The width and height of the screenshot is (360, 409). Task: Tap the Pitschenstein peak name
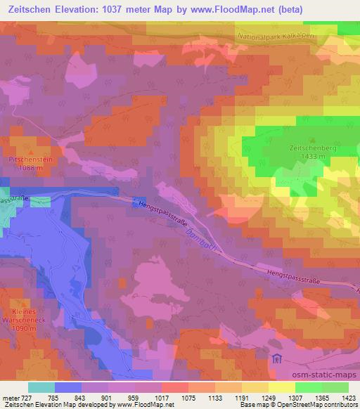[30, 160]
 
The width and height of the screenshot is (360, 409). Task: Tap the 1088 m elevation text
[30, 167]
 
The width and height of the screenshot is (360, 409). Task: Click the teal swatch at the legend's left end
[41, 387]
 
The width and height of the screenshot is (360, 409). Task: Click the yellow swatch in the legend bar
[281, 387]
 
